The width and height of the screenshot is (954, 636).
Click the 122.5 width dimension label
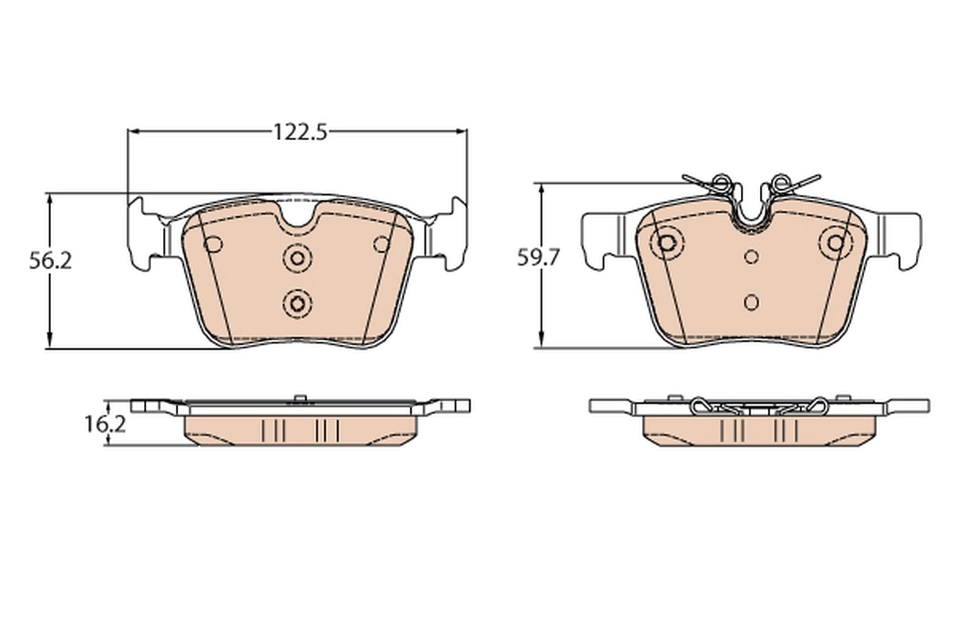pos(301,132)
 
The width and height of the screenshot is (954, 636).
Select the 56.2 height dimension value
pos(51,260)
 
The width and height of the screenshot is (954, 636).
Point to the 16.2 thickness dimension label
pos(105,424)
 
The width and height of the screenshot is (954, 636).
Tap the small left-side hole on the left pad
pos(213,244)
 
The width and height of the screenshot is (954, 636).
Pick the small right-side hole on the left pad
pos(382,244)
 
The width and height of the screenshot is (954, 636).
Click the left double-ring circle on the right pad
pos(666,242)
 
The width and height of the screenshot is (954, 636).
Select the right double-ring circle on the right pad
pos(836,242)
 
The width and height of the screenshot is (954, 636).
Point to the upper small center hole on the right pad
pos(751,256)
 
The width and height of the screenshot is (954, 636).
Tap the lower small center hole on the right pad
pos(751,302)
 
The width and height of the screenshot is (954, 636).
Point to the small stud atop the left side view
pos(299,397)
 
